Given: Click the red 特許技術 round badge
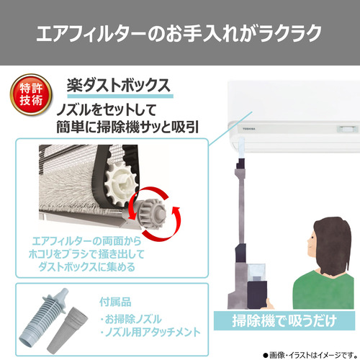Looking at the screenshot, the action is (x=31, y=94).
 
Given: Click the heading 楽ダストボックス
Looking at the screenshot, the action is (x=119, y=86).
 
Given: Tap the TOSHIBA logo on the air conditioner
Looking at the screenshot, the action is (x=248, y=129).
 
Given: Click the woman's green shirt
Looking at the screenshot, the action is (x=323, y=289).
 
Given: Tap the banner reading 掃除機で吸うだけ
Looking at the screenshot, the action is (x=284, y=320).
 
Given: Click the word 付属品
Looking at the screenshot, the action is (x=115, y=302).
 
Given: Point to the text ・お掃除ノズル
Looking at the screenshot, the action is (x=131, y=319).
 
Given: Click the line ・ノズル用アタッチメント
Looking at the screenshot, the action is (x=150, y=332).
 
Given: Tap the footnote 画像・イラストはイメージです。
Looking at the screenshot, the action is (x=310, y=355).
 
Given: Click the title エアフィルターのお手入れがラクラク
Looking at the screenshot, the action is (x=179, y=33).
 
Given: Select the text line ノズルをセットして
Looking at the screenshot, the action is (x=107, y=110).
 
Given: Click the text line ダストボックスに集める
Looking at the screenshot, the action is (x=87, y=267).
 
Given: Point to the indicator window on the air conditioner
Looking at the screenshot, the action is (x=346, y=129).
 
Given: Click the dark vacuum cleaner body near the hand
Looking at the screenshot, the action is (x=257, y=294).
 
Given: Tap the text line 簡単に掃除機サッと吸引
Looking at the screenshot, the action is (x=127, y=127).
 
